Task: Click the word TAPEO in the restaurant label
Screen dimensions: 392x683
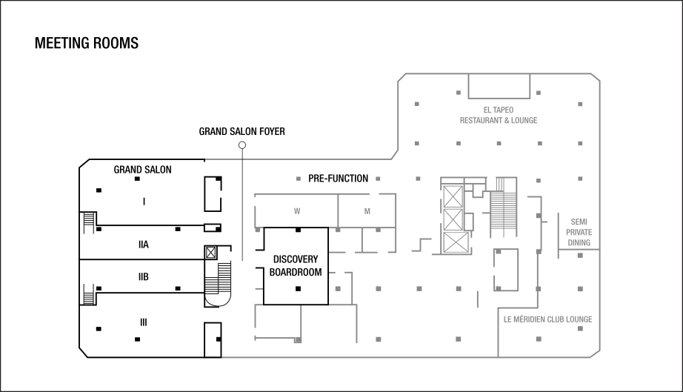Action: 504,110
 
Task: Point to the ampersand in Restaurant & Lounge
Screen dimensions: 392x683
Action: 507,121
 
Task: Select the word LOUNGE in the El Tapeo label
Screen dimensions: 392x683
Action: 524,121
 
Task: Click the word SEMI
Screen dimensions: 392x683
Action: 579,222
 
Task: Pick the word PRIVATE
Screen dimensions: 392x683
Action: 579,232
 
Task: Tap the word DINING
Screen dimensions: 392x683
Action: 579,242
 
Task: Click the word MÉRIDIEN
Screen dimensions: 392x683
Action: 530,319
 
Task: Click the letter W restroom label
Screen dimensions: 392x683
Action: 297,211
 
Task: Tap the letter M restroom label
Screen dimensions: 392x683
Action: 367,211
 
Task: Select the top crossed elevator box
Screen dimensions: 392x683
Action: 452,196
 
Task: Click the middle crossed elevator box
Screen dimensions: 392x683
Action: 452,220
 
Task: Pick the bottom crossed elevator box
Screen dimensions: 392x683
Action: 453,242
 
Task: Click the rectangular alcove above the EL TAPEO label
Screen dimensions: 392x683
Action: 499,86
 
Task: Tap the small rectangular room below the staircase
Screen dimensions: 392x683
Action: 507,268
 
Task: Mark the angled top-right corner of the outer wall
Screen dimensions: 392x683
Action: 596,78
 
